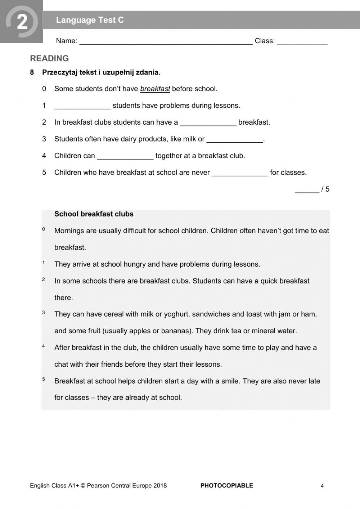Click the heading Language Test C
(90, 20)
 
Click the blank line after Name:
(166, 42)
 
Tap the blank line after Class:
(302, 42)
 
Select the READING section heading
(49, 58)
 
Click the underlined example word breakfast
(155, 89)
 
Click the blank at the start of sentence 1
(82, 106)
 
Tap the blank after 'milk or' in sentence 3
(235, 140)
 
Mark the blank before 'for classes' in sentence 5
(240, 173)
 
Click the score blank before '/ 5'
(307, 190)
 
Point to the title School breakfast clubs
(94, 214)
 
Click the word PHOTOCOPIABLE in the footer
(226, 486)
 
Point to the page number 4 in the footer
(322, 486)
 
